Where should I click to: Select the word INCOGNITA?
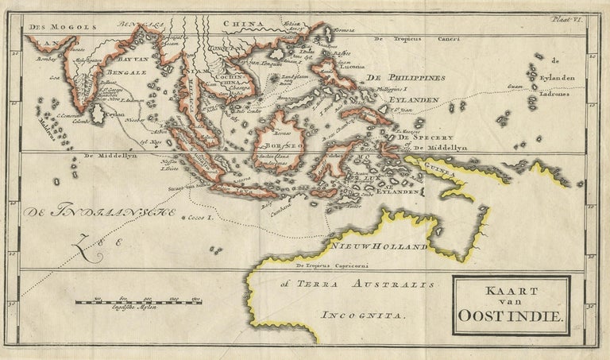click(x=365, y=315)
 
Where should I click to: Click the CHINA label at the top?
click(x=243, y=24)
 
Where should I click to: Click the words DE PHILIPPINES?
click(x=403, y=76)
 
